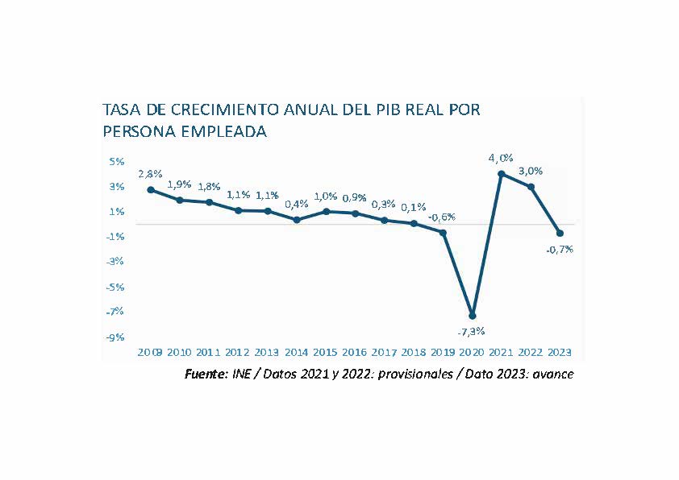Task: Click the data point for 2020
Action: click(x=472, y=315)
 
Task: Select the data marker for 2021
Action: click(x=502, y=173)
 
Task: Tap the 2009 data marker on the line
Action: click(x=151, y=189)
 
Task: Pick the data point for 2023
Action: click(x=560, y=233)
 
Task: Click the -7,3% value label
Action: click(x=471, y=331)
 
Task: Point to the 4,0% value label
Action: click(x=501, y=158)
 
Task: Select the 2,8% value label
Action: click(x=150, y=173)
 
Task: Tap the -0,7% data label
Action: click(x=560, y=249)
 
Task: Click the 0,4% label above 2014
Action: click(x=297, y=203)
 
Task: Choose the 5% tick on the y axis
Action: click(x=117, y=161)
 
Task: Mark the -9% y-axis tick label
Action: click(x=115, y=337)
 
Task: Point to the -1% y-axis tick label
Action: click(x=115, y=236)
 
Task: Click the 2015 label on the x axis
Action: click(x=325, y=352)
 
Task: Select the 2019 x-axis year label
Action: click(x=443, y=352)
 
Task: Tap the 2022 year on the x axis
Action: click(x=531, y=352)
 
